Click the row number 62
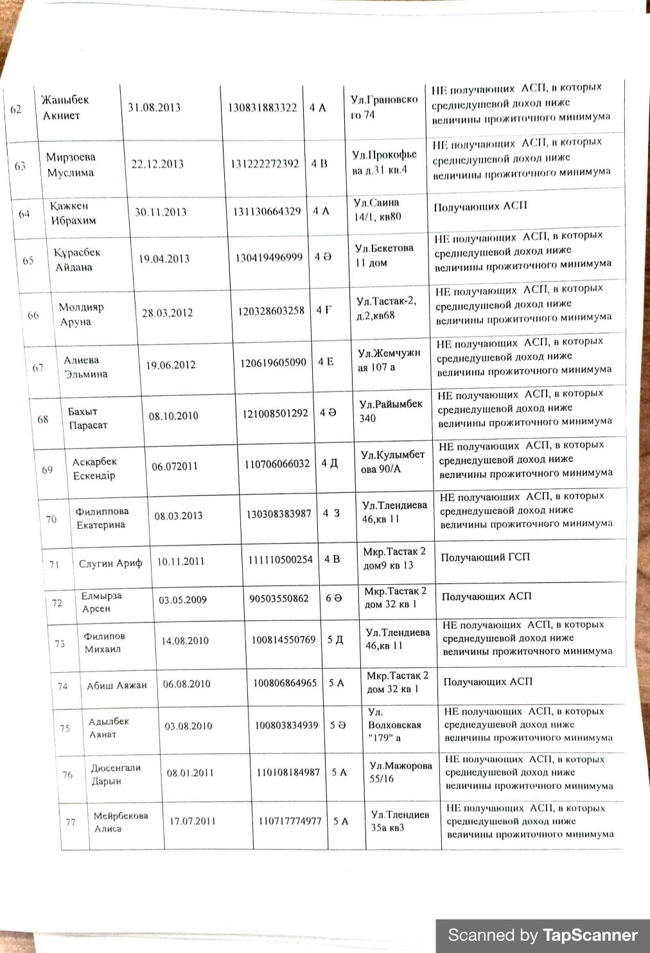click(16, 109)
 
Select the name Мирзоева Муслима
click(71, 165)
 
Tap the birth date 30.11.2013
click(161, 212)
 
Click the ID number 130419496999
click(268, 258)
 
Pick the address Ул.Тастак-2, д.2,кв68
click(386, 308)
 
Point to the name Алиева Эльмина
click(85, 367)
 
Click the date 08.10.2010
click(173, 416)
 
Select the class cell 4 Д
click(329, 463)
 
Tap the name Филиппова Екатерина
click(101, 518)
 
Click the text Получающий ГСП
click(485, 557)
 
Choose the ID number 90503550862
click(279, 598)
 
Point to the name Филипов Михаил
click(104, 642)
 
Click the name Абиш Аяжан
click(117, 686)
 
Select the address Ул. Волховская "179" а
click(394, 725)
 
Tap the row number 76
click(67, 775)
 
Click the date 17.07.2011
click(193, 821)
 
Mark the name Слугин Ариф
click(110, 564)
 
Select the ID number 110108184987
click(288, 772)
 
